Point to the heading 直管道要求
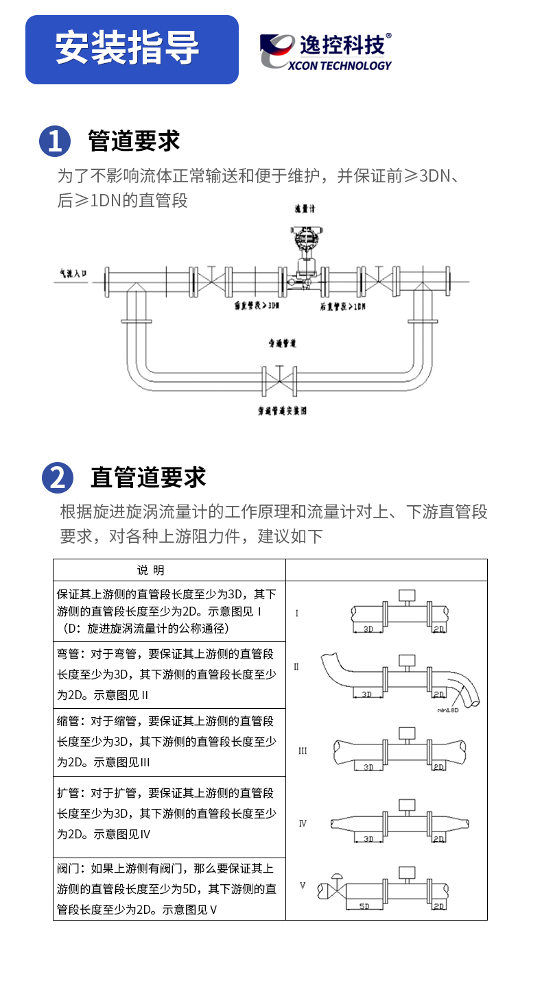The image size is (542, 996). (x=148, y=477)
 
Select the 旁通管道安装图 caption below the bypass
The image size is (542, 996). (x=282, y=411)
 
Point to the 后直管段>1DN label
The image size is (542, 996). (x=342, y=306)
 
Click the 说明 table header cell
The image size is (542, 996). (x=151, y=570)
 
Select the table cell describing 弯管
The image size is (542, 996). (x=169, y=675)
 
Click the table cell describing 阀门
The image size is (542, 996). (x=169, y=890)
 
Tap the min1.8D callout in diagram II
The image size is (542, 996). (x=449, y=710)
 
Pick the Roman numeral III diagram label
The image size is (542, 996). (x=303, y=751)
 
